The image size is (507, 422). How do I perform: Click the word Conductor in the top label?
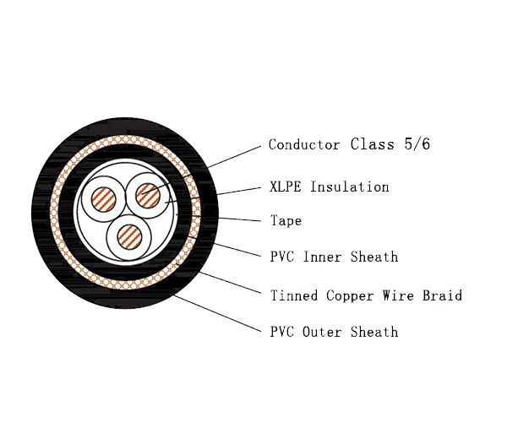304,144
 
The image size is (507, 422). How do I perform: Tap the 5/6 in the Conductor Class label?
417,144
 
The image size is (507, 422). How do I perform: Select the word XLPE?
286,187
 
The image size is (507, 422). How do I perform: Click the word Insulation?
350,187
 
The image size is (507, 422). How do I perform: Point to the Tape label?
286,221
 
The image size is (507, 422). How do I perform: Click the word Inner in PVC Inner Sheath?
322,257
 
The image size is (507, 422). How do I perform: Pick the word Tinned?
294,295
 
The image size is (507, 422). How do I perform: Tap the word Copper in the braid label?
350,296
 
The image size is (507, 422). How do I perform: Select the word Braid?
442,295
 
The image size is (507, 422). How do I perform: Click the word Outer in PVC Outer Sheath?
322,332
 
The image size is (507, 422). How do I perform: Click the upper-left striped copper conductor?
103,199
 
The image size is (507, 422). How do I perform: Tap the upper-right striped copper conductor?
148,195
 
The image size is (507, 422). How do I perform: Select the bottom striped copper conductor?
129,237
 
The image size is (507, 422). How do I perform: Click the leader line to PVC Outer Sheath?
217,313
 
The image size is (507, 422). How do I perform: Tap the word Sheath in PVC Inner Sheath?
374,257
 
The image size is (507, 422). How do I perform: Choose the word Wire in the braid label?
398,295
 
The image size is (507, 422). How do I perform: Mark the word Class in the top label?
373,144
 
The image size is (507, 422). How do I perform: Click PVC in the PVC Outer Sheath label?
282,332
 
